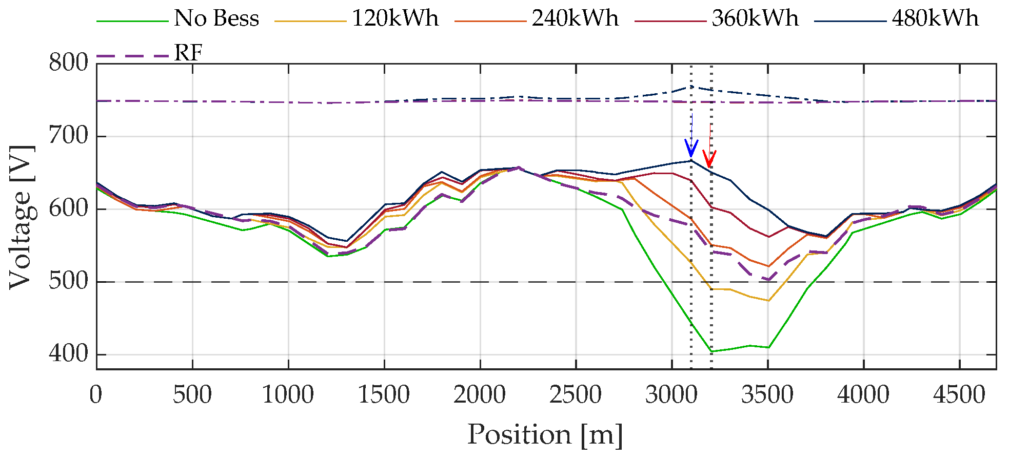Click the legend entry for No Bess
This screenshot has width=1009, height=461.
(x=216, y=19)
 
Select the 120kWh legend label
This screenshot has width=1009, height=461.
(x=395, y=19)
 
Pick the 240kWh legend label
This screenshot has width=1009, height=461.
(x=575, y=19)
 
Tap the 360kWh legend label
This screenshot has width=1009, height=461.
(x=755, y=19)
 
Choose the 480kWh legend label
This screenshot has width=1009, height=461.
(x=935, y=19)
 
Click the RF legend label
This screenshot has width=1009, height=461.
(x=188, y=53)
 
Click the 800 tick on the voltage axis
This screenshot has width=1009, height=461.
(x=69, y=64)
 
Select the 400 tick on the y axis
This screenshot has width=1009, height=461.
(x=69, y=354)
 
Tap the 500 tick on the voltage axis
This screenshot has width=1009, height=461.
(x=69, y=281)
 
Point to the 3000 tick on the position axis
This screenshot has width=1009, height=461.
(x=671, y=395)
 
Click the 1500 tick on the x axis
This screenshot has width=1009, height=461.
(x=384, y=395)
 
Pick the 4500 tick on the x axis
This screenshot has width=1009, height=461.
(x=959, y=395)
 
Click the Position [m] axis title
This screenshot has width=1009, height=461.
(x=545, y=435)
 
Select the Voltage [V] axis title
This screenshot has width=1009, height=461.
(x=21, y=217)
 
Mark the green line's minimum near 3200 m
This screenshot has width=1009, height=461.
(x=711, y=351)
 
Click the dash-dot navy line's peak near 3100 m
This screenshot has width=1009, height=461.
(x=691, y=87)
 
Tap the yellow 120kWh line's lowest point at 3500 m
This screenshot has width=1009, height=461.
(x=768, y=301)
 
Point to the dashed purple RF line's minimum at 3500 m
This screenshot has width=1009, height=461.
(x=768, y=280)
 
